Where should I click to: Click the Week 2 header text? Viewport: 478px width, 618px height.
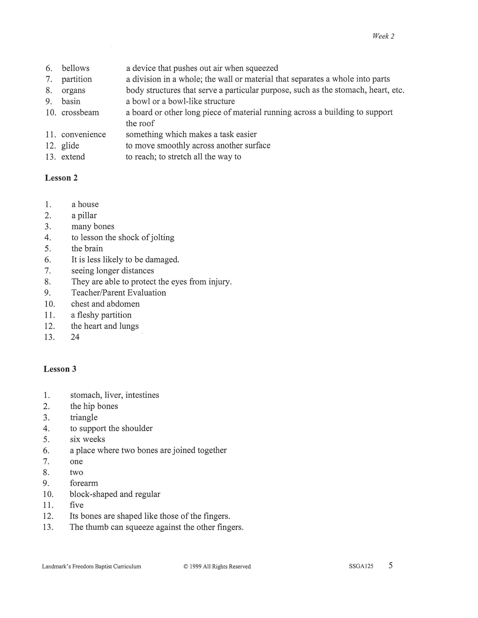(x=383, y=36)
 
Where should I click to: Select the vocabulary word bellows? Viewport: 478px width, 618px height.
(x=76, y=68)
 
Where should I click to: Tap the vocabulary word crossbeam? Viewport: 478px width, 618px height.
(x=80, y=113)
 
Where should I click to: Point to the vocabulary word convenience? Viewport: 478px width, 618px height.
(x=84, y=134)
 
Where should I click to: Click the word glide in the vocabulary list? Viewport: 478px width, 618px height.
(x=70, y=146)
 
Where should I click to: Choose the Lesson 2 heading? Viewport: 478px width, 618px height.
(x=61, y=178)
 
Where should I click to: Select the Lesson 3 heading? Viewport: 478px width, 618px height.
(x=60, y=369)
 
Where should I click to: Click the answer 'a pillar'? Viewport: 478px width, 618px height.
(x=84, y=216)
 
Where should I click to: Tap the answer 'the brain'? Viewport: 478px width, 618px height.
(x=87, y=249)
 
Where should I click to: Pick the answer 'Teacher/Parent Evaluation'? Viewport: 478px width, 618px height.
(x=119, y=293)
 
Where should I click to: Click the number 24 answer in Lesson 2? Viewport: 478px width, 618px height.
(x=75, y=337)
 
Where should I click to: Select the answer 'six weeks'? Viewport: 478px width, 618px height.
(x=87, y=439)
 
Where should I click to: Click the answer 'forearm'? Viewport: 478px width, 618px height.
(x=84, y=483)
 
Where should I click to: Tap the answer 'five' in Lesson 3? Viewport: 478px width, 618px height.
(x=76, y=505)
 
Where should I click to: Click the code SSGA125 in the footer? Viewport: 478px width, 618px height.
(x=361, y=566)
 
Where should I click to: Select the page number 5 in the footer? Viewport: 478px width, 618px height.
(x=391, y=565)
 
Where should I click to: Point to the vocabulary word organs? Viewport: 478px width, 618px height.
(x=73, y=91)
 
